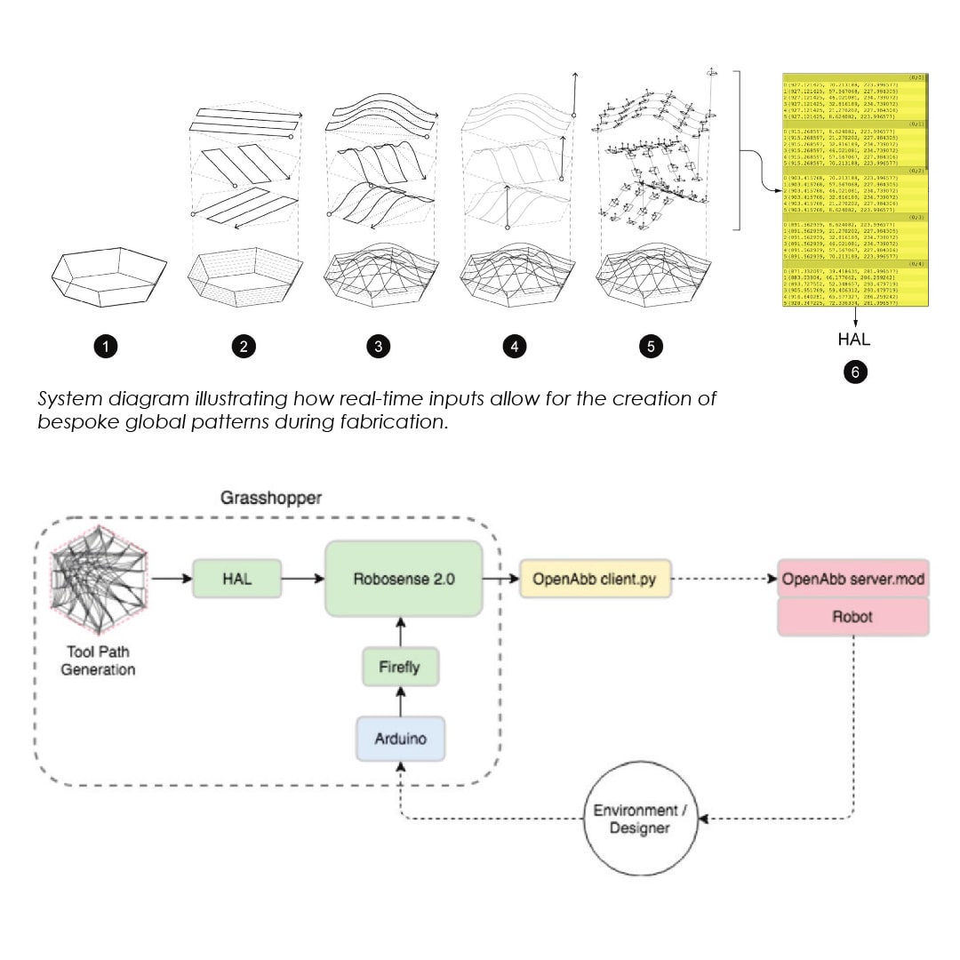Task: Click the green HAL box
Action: click(236, 579)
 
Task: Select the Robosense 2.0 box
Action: click(404, 579)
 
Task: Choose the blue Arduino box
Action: click(400, 739)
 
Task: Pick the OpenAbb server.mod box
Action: click(853, 579)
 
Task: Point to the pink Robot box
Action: click(853, 615)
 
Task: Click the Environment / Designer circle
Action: click(641, 820)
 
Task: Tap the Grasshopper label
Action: click(271, 498)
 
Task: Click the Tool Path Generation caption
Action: click(98, 660)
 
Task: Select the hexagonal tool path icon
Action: click(98, 582)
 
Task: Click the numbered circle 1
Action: click(107, 347)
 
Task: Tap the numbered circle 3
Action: click(379, 347)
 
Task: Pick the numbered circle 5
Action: click(651, 347)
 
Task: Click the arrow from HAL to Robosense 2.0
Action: click(303, 579)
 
